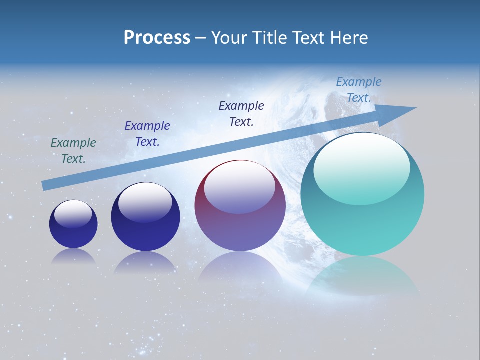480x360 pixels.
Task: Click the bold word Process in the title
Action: tap(157, 38)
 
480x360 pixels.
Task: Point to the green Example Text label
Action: tap(73, 151)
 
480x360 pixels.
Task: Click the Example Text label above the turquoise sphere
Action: tap(359, 90)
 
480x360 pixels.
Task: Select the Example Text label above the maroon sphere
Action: tap(241, 113)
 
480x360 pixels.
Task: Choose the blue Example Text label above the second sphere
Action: tap(147, 134)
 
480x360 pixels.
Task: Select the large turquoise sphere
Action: tap(362, 220)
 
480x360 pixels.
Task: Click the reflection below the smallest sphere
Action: tap(73, 256)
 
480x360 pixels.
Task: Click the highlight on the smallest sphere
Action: tap(73, 214)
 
